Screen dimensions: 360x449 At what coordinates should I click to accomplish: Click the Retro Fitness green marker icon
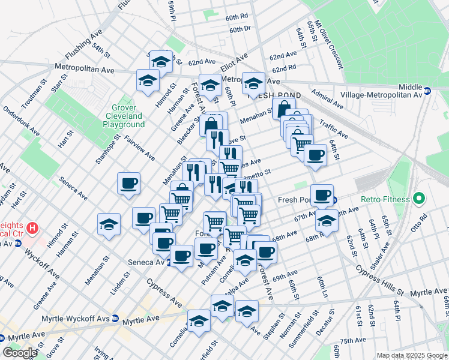coord(420,199)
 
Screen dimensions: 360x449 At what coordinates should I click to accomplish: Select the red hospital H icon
coord(34,229)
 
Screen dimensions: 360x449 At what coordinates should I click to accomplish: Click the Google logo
coord(20,353)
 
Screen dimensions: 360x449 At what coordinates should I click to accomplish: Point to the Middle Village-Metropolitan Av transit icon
coord(427,91)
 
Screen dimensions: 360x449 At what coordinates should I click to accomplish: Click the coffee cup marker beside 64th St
coord(315,155)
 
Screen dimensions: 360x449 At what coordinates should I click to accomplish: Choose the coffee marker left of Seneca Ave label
coord(129,183)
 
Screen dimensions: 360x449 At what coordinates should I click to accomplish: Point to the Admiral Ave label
coord(328,101)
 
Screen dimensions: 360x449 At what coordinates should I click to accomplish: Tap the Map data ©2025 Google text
coord(411,355)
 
